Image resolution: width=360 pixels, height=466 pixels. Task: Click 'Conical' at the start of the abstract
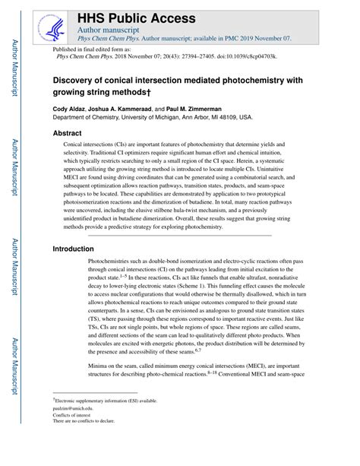(x=74, y=144)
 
